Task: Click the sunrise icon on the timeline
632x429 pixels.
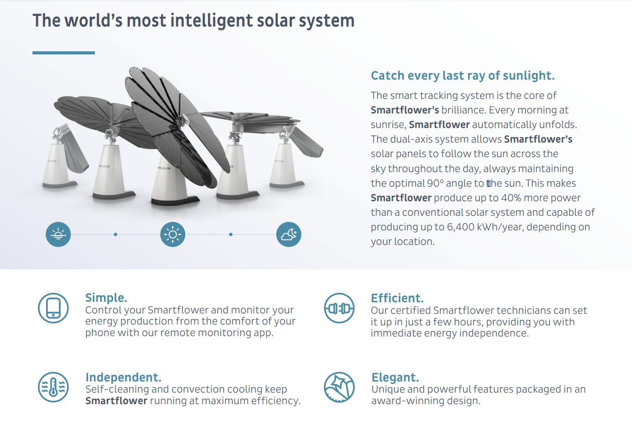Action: [58, 234]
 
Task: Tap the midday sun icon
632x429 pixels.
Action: [173, 234]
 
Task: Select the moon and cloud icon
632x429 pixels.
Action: [289, 234]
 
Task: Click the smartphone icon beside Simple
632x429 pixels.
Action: [53, 308]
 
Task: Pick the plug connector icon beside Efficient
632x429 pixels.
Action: [339, 308]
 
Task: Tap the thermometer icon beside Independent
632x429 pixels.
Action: [53, 387]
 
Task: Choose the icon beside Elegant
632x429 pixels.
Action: [339, 387]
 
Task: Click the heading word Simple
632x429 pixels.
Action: [106, 298]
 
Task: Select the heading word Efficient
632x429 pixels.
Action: [397, 298]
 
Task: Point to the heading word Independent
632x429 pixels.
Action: [124, 377]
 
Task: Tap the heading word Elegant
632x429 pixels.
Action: [395, 377]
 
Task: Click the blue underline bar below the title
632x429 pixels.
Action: [63, 53]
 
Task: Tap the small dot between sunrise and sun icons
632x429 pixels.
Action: [116, 235]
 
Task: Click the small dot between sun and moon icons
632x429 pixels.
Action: [231, 235]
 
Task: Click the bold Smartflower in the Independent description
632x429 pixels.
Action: [116, 401]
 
